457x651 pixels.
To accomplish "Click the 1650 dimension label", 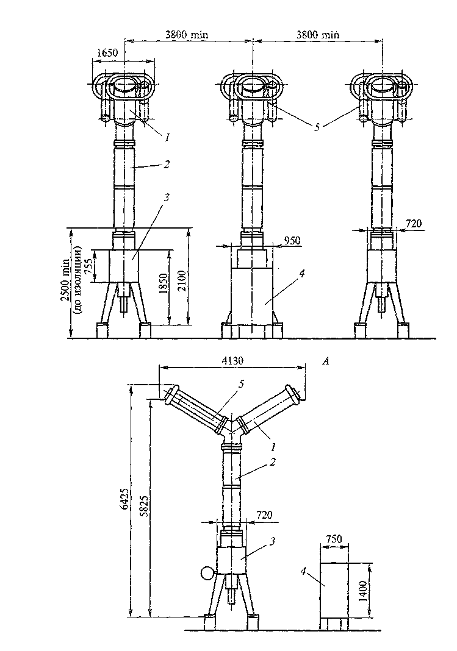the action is pyautogui.click(x=107, y=53).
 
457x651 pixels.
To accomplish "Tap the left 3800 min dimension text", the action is pyautogui.click(x=187, y=35).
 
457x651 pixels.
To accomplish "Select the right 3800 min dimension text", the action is pyautogui.click(x=318, y=35).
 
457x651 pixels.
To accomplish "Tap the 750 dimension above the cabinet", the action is pyautogui.click(x=334, y=539).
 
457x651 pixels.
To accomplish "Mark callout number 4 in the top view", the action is pyautogui.click(x=302, y=274).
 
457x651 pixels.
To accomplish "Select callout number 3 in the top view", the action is pyautogui.click(x=166, y=198).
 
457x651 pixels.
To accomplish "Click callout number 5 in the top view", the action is pyautogui.click(x=317, y=127).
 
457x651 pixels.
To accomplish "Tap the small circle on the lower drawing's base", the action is pyautogui.click(x=206, y=574).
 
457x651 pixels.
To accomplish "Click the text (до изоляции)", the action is pyautogui.click(x=77, y=279).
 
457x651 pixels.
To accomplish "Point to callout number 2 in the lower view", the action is pyautogui.click(x=272, y=461).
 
